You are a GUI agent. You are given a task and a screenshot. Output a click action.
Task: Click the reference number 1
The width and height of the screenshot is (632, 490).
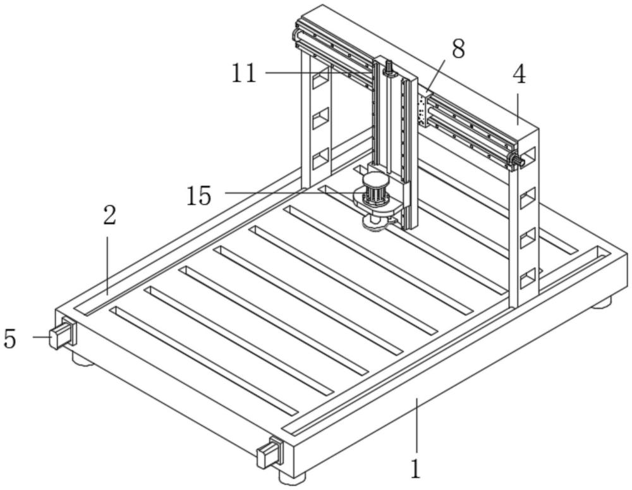415,469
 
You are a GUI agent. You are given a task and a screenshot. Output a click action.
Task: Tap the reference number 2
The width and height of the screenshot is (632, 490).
110,216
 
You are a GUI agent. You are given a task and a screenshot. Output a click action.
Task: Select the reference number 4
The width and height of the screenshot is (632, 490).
518,75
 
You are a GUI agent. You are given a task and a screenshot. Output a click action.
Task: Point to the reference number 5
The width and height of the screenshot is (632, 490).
9,339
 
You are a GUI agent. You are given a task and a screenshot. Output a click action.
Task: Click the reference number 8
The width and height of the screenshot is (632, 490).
458,49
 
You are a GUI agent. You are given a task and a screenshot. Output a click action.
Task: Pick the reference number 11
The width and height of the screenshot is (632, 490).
243,73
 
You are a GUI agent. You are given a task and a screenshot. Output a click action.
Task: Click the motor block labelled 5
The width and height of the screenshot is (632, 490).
62,334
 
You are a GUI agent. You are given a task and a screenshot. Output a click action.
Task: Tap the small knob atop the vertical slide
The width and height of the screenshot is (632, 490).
389,66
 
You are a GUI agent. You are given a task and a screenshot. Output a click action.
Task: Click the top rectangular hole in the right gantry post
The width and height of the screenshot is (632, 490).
528,155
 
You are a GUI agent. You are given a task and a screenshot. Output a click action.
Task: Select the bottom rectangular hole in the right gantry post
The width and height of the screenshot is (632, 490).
527,276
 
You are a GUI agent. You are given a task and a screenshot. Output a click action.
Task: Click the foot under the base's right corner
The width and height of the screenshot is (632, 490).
602,302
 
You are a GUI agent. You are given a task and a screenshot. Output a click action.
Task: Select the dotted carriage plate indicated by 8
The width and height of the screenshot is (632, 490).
422,109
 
